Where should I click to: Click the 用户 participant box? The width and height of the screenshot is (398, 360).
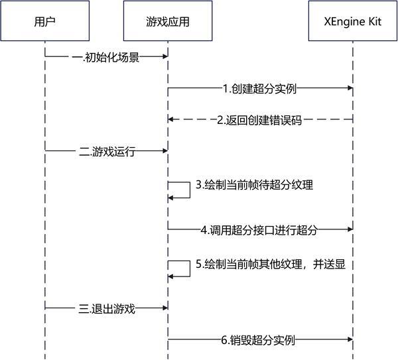(x=44, y=21)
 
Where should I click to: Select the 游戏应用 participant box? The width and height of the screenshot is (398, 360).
(x=167, y=21)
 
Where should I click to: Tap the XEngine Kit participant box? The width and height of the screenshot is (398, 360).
(x=352, y=21)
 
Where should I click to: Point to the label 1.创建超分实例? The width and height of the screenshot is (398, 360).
(x=259, y=88)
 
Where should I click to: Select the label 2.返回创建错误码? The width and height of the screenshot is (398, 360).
(x=259, y=120)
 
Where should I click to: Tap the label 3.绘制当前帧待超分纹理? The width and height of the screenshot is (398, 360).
(x=254, y=185)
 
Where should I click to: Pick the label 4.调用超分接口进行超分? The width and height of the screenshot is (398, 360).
(x=259, y=230)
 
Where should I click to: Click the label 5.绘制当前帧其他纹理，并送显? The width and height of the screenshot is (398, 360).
(x=271, y=264)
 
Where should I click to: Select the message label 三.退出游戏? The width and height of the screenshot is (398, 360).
(x=107, y=308)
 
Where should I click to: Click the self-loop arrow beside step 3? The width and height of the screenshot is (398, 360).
(x=180, y=188)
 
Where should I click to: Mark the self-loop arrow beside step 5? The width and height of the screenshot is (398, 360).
(x=180, y=268)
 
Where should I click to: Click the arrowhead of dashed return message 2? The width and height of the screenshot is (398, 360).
(x=171, y=120)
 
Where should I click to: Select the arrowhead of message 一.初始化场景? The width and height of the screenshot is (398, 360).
(x=163, y=57)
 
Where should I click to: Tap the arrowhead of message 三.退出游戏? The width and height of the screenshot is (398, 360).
(x=163, y=308)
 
